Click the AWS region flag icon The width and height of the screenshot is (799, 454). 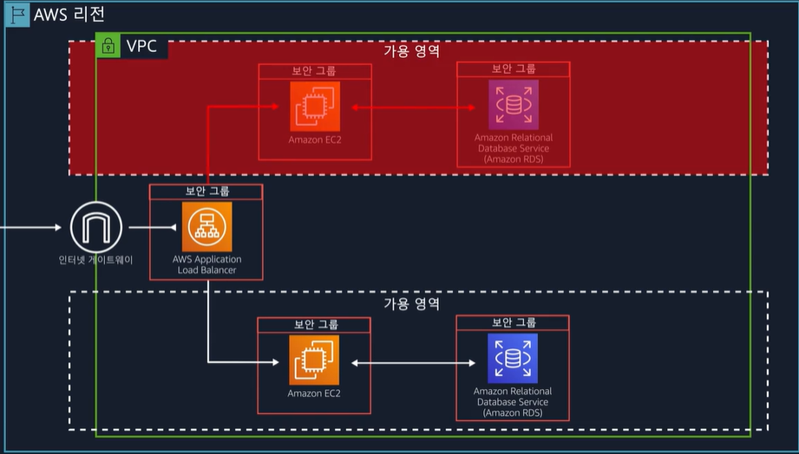coord(17,15)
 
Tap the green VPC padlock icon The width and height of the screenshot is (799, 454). coord(108,46)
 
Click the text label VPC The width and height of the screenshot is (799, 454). coord(141,46)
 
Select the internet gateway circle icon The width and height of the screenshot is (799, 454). coord(94,227)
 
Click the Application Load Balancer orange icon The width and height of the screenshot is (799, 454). coord(207,227)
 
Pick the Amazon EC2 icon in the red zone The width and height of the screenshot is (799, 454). coord(315,107)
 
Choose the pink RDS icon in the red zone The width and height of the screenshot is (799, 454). coord(514,106)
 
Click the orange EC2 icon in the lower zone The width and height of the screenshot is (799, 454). coord(314,360)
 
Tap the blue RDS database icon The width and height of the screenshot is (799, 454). coord(513,359)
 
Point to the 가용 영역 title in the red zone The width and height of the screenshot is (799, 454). coord(412,51)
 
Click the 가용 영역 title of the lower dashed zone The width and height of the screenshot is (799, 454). coord(412,304)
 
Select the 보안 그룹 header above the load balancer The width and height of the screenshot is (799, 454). coord(206,191)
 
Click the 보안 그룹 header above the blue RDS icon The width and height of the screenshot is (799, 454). coord(514,322)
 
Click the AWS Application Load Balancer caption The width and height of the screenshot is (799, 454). coord(206,265)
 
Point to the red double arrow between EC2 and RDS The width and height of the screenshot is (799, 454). coord(414,108)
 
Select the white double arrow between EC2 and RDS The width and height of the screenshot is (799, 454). coord(413,362)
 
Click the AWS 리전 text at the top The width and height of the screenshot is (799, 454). coord(69,15)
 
